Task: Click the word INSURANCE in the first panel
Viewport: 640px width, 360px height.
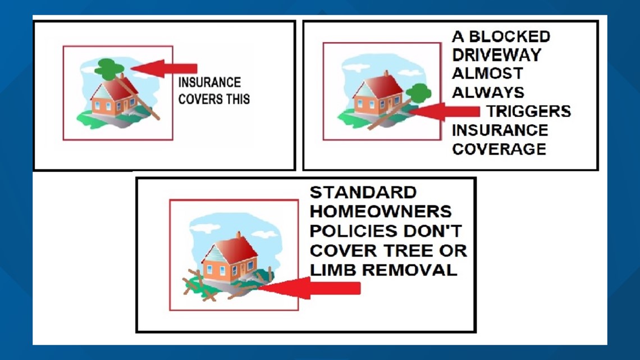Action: click(209, 83)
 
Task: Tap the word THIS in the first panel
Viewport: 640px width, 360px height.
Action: click(236, 99)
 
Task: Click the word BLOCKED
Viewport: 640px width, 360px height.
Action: click(509, 37)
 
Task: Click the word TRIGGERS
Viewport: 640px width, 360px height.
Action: click(528, 111)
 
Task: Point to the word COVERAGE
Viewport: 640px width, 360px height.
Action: click(499, 149)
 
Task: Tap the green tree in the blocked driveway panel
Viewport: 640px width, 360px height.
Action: click(418, 92)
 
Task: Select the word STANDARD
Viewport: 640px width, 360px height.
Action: click(363, 193)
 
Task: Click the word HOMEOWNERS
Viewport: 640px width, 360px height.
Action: click(381, 212)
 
